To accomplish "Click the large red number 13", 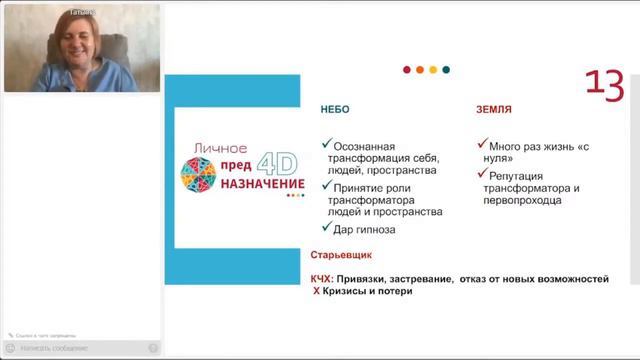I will [603, 86].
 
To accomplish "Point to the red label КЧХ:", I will [326, 279].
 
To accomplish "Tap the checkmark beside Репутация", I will [481, 175].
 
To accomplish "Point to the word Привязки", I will [371, 279].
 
